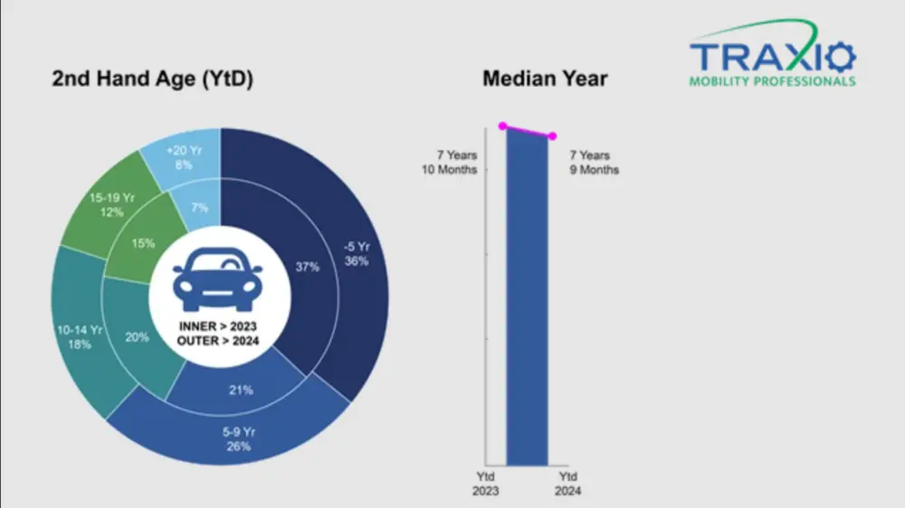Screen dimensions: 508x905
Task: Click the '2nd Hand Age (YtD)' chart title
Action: (x=152, y=80)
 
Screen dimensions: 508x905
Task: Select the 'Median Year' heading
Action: (x=545, y=79)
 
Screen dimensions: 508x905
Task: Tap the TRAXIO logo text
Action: (x=772, y=57)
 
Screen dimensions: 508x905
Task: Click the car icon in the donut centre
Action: (x=218, y=277)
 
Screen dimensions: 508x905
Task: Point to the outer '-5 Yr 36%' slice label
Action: (x=357, y=252)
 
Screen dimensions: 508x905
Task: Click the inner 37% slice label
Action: (x=309, y=267)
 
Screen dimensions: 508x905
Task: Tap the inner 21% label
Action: (x=241, y=390)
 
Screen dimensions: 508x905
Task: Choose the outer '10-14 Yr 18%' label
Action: (x=78, y=337)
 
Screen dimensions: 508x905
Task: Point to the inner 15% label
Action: (x=143, y=243)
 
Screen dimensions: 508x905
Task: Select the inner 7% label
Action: (x=199, y=207)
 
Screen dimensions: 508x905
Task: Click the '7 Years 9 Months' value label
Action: (x=595, y=163)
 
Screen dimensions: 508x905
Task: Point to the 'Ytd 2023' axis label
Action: (x=484, y=484)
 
